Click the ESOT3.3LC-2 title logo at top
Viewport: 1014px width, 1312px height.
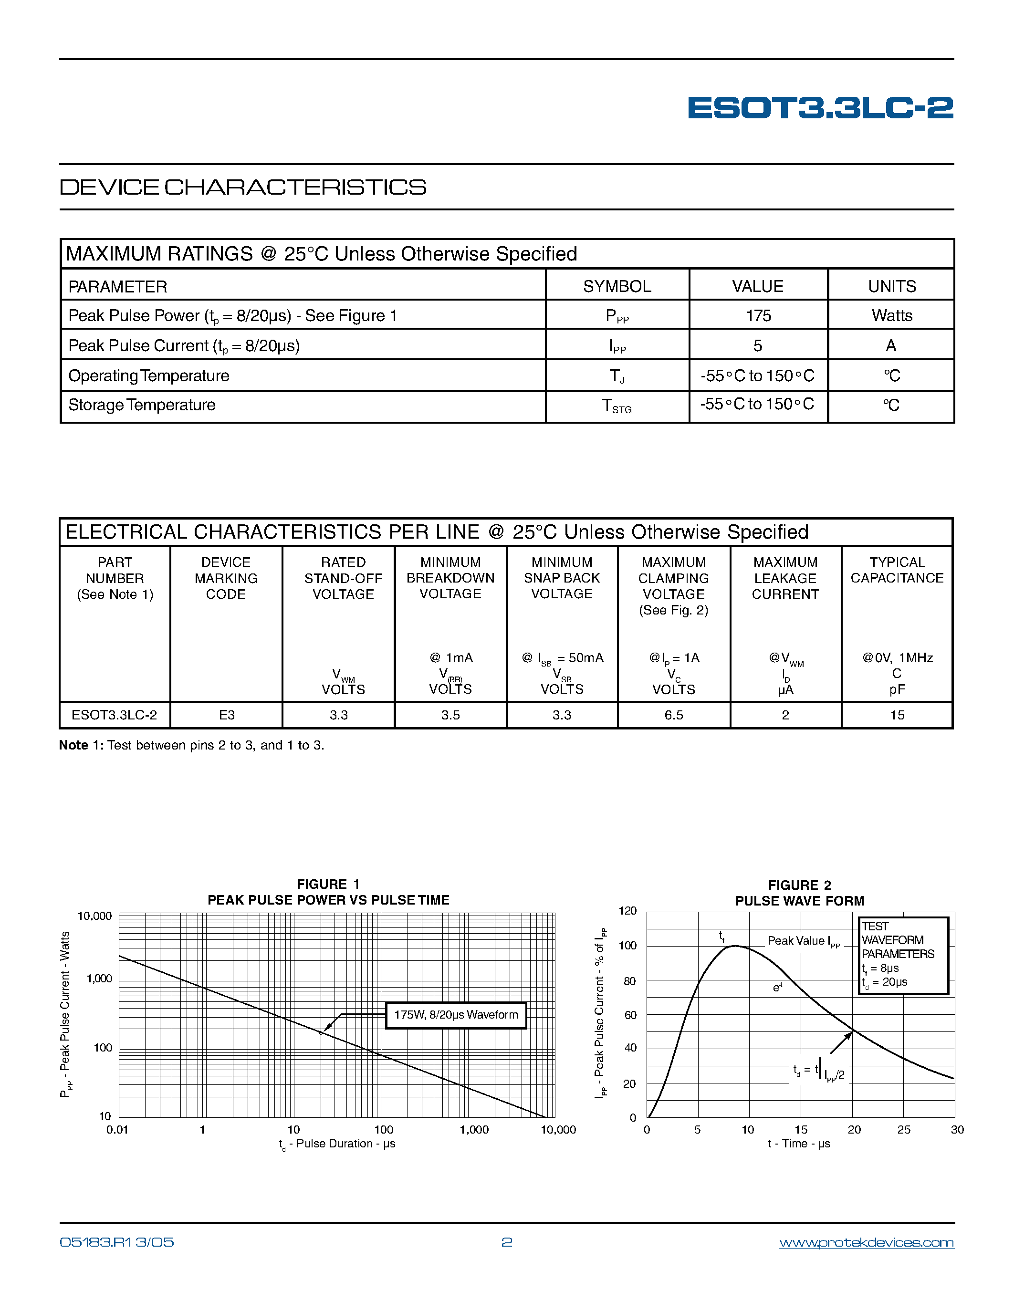(820, 108)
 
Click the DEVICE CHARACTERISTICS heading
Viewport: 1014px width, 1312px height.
(243, 187)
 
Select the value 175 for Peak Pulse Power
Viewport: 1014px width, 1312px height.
(758, 315)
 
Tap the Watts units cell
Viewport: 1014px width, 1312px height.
(891, 315)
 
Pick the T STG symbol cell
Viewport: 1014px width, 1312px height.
(617, 406)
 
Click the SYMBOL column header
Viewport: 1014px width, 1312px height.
(617, 287)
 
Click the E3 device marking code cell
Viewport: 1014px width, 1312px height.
(227, 715)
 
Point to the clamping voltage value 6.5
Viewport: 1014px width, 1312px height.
(673, 715)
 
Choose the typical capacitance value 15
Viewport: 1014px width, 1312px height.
(897, 715)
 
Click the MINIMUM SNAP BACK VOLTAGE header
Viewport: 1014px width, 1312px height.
(562, 578)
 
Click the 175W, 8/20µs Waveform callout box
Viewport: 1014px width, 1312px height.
(456, 1015)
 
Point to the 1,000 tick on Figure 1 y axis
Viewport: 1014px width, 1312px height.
(99, 979)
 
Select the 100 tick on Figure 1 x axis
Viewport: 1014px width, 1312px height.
(383, 1129)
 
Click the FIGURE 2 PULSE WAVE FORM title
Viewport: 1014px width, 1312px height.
(800, 893)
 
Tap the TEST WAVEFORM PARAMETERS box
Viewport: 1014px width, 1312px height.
(903, 955)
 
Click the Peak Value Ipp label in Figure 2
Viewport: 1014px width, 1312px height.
(803, 941)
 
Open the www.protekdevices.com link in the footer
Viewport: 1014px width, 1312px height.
(866, 1242)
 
